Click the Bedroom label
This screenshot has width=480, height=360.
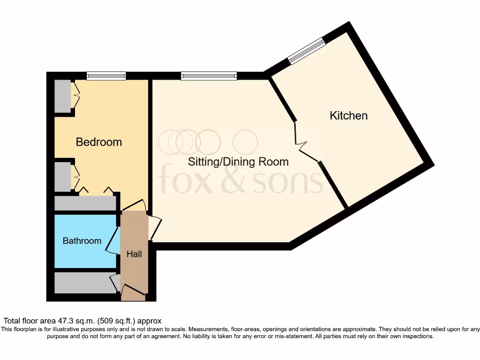tap(99, 142)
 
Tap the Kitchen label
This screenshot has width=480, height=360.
tap(349, 115)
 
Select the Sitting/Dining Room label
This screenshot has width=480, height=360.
tap(238, 162)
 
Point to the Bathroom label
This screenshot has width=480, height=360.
tap(82, 240)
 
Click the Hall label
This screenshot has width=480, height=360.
tap(134, 254)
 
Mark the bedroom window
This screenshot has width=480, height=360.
tap(106, 75)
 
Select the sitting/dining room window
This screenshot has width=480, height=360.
tap(209, 75)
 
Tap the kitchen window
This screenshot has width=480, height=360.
tap(306, 51)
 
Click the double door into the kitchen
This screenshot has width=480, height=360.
tap(305, 143)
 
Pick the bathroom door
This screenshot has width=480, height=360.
tap(112, 241)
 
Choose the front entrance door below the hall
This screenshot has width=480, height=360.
tap(133, 294)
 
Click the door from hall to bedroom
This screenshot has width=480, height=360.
tap(135, 205)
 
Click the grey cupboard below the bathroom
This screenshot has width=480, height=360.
tap(83, 283)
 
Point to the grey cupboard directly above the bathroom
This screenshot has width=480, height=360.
tap(84, 203)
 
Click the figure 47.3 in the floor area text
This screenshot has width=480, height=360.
tap(66, 321)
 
